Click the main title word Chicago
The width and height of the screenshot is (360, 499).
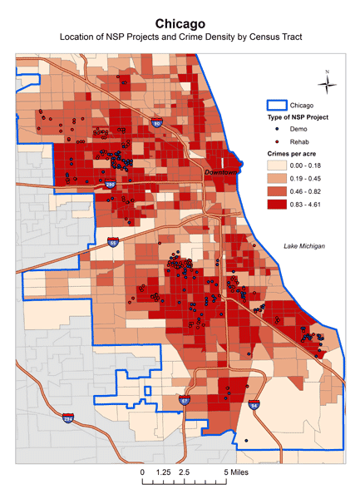click(x=180, y=24)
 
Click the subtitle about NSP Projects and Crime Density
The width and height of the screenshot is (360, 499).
click(x=180, y=38)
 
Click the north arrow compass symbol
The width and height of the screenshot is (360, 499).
click(x=328, y=81)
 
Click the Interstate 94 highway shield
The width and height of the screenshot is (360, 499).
click(x=254, y=406)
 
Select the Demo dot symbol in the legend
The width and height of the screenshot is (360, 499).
click(x=276, y=131)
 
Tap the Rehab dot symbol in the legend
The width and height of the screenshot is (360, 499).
click(x=276, y=143)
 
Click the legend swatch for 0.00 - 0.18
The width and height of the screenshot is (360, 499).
click(x=276, y=166)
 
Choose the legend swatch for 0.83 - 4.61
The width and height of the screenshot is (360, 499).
click(x=276, y=202)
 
